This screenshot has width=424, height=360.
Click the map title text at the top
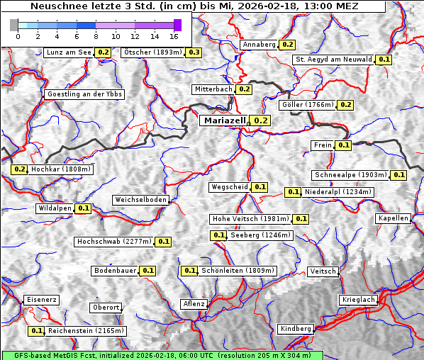click(x=194, y=6)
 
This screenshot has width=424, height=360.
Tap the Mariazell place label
click(x=225, y=120)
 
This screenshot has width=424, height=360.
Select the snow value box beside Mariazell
click(x=260, y=120)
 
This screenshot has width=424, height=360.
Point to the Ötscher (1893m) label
click(x=152, y=52)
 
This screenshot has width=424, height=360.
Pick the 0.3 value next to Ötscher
click(x=194, y=52)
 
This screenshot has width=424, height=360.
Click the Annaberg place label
click(x=258, y=45)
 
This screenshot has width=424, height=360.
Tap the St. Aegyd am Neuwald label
click(x=333, y=60)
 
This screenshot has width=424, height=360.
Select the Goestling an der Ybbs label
click(x=84, y=94)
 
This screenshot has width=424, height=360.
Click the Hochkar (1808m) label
click(x=62, y=169)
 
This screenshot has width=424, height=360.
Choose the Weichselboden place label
click(x=141, y=200)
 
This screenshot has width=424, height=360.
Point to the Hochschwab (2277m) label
click(x=113, y=242)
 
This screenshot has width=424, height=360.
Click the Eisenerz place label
click(x=41, y=300)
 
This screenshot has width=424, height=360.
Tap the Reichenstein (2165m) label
click(x=87, y=331)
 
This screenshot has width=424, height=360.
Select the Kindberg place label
click(x=296, y=329)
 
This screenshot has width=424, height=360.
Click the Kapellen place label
click(x=394, y=218)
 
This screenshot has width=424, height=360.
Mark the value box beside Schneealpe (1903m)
click(x=398, y=175)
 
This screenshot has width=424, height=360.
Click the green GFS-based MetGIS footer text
click(x=162, y=355)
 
